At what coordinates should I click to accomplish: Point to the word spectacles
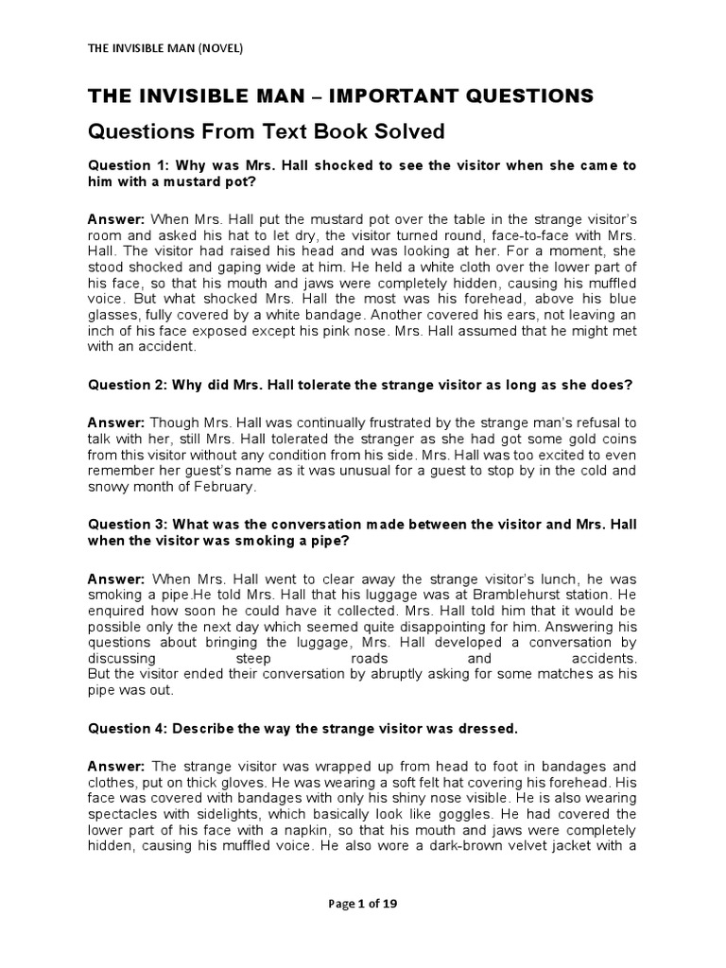point(126,814)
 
